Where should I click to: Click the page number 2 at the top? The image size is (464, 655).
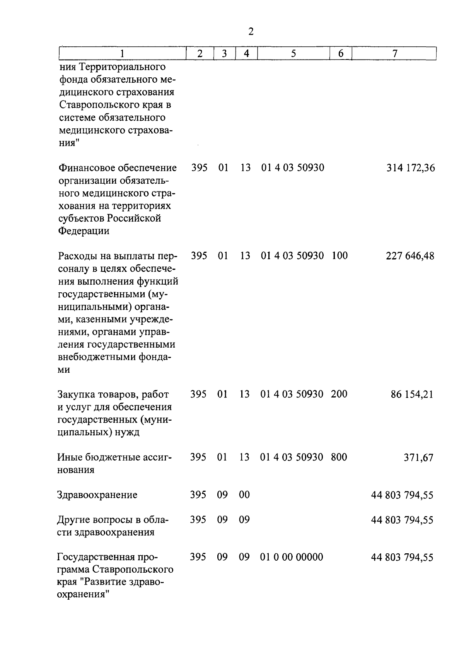[251, 32]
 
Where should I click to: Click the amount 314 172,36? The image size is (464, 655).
[411, 168]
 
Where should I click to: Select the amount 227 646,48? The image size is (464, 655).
[410, 256]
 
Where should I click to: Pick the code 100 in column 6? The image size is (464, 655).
[339, 256]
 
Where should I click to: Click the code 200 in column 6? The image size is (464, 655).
[339, 394]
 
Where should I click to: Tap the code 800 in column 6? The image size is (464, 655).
[339, 457]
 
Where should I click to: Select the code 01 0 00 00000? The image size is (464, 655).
[292, 557]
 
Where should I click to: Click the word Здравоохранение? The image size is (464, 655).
[97, 495]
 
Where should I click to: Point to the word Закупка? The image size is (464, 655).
[75, 395]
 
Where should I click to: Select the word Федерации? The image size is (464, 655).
[84, 231]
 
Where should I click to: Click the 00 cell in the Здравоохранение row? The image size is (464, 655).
[244, 495]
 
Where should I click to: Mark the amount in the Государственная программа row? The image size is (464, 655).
[402, 557]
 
